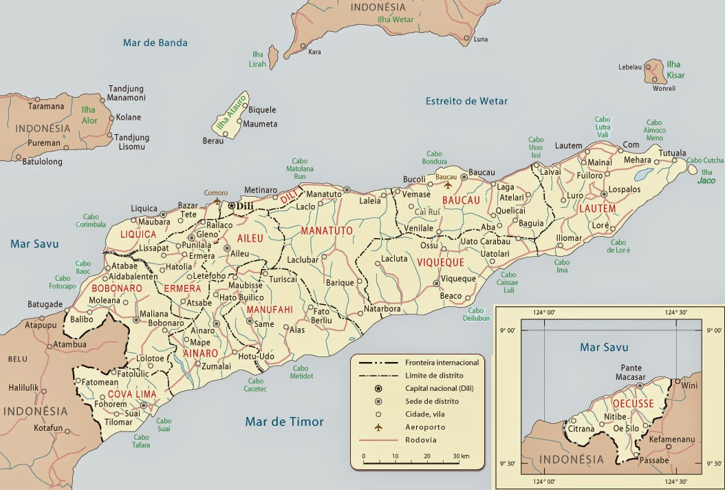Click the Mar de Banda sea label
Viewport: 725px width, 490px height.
[x=155, y=43]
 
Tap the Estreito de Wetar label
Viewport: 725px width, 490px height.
[x=466, y=101]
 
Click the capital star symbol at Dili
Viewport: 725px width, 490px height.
[x=231, y=205]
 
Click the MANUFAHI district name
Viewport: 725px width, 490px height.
[x=270, y=310]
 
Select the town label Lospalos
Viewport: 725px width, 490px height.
[x=626, y=188]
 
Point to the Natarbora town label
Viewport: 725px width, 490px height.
[x=382, y=309]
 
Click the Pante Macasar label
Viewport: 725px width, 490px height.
[x=631, y=372]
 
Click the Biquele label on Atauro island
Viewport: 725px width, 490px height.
[x=262, y=110]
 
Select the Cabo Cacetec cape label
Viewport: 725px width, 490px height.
[x=255, y=385]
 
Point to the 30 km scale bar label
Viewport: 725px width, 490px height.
[x=462, y=456]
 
